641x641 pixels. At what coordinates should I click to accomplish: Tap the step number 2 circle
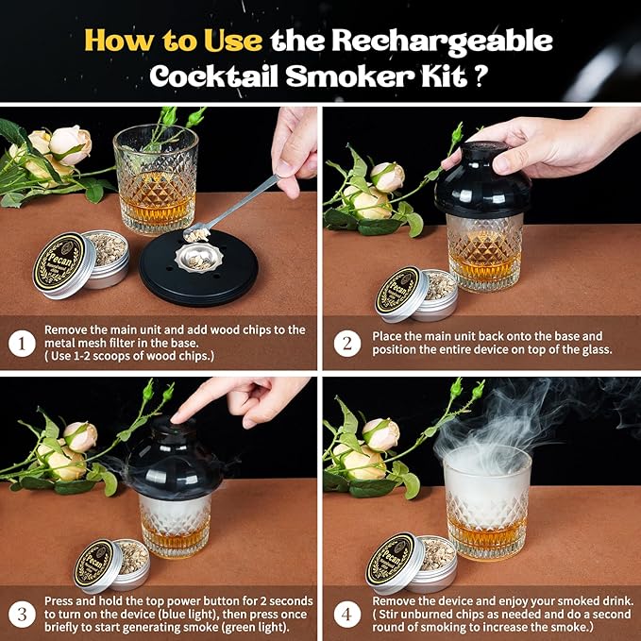coord(347,343)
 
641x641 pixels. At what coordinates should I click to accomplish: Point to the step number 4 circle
coord(347,612)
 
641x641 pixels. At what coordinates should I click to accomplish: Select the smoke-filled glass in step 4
coord(486,500)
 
